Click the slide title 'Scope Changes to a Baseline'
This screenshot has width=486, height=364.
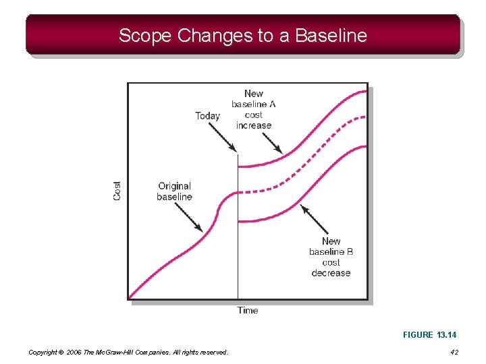tap(243, 35)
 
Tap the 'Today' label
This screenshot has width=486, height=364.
tap(207, 116)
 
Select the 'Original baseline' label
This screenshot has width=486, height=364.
tap(174, 191)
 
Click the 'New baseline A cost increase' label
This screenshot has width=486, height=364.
tap(254, 109)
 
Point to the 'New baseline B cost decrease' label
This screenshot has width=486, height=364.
tap(331, 257)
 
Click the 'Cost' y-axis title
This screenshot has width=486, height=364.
tap(117, 191)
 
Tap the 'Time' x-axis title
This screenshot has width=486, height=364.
tap(248, 310)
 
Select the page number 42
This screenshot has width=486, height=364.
tap(454, 352)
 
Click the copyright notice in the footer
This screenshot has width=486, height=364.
tap(128, 352)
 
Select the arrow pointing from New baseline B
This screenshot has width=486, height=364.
tap(313, 219)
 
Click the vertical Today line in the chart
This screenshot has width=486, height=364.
tap(238, 256)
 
